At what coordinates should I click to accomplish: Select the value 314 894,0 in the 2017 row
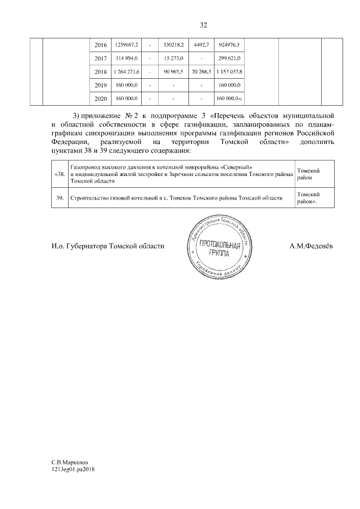127,58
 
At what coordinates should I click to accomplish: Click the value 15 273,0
174,58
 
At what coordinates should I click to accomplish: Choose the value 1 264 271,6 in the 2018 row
127,72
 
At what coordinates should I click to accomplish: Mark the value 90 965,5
174,72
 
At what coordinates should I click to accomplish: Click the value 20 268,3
201,72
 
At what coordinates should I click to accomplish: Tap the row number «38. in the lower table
60,174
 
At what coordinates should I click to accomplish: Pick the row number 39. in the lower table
60,199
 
